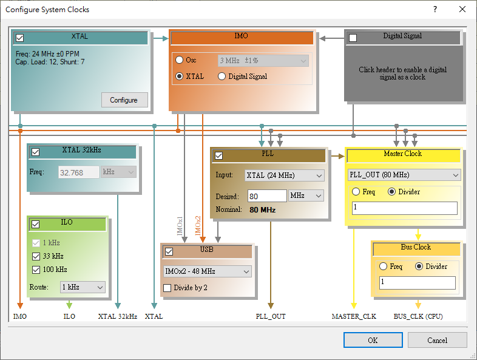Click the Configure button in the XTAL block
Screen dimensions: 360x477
tap(124, 100)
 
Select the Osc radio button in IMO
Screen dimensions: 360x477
tap(179, 60)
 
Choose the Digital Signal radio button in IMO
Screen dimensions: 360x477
tap(222, 76)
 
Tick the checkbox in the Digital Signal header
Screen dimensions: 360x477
tap(353, 38)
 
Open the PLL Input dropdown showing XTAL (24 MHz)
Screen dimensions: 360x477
tap(285, 175)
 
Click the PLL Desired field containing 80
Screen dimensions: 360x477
tap(266, 196)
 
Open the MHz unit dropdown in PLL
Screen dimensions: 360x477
tap(306, 196)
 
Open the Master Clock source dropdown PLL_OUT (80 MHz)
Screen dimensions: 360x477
tap(404, 175)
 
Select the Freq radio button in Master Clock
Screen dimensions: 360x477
tap(356, 192)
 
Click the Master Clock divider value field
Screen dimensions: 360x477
tap(404, 208)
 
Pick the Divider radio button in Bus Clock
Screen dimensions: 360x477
tap(419, 267)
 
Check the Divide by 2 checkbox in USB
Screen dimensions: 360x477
tap(168, 288)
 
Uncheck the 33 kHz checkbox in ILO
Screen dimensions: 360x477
tap(36, 256)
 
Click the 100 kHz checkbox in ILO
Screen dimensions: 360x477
tap(36, 270)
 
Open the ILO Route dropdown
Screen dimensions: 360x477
tap(83, 287)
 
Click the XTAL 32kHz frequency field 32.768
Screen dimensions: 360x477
tap(79, 172)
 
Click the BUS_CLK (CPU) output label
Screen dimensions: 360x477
tap(418, 316)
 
